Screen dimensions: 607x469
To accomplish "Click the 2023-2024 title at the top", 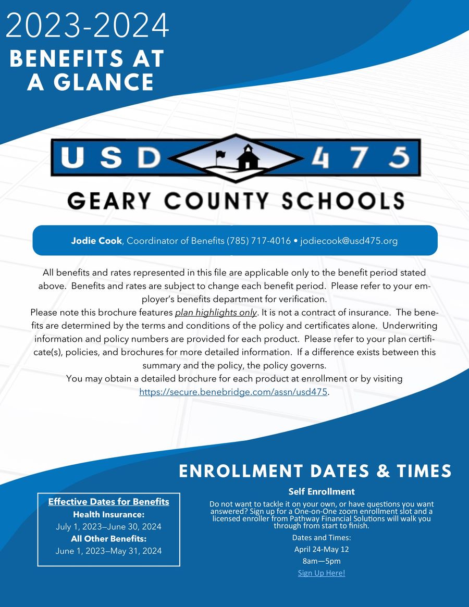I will coord(88,26).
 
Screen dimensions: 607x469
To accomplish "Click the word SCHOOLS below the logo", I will coord(345,201).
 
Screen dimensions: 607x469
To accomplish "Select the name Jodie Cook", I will coord(96,241).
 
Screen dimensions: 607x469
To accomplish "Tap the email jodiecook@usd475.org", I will coord(349,241).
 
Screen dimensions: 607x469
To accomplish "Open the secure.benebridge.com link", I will coord(233,392).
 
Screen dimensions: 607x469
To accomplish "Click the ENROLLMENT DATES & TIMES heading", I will coord(315,471).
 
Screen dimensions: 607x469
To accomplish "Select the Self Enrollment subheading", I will coord(321,491).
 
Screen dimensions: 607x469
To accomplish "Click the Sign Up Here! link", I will coord(321,573).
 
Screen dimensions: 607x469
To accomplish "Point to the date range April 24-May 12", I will coord(321,549).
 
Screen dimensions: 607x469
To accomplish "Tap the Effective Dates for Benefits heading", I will coord(108,502).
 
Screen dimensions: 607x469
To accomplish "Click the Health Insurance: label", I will coord(108,514).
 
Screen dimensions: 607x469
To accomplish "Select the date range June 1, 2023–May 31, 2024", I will coord(108,551).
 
